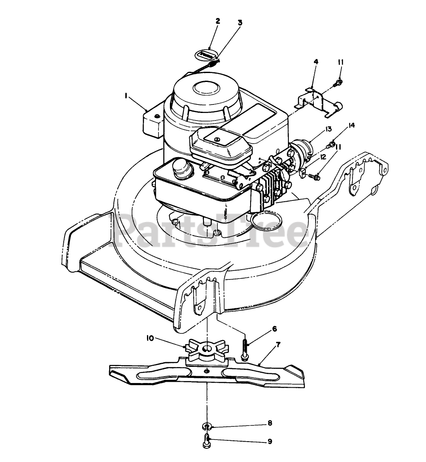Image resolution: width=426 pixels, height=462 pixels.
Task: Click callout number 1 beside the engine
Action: tap(126, 96)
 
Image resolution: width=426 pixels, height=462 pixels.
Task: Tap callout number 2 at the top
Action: tap(218, 21)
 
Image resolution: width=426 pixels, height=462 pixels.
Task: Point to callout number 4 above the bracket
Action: tap(316, 62)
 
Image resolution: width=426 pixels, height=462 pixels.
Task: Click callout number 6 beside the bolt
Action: tap(274, 329)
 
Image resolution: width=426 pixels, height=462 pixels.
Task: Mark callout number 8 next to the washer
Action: tap(270, 423)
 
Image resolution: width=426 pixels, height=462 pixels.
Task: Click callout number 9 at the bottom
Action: tap(270, 442)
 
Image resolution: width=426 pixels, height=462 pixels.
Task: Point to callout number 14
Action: tap(351, 125)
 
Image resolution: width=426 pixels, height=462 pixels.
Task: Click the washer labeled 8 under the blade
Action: tap(206, 426)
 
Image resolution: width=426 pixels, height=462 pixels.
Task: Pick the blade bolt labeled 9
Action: tap(206, 441)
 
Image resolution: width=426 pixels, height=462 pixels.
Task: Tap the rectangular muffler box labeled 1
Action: tap(152, 122)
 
